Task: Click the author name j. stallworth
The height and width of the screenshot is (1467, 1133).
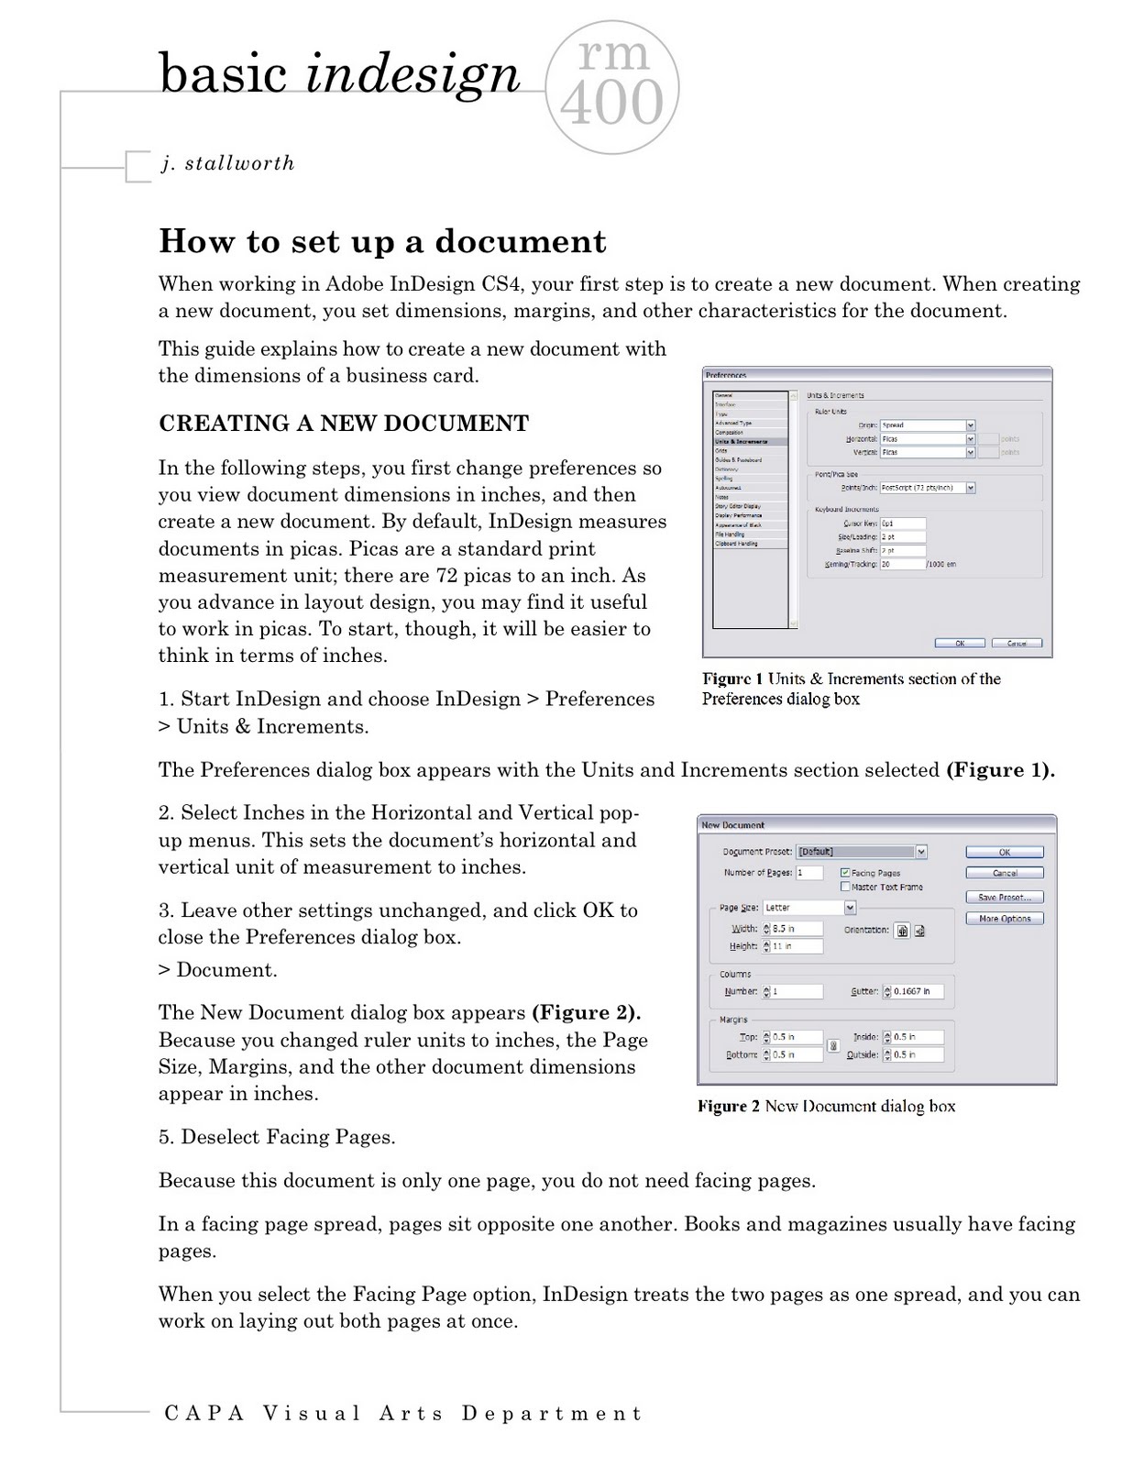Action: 227,163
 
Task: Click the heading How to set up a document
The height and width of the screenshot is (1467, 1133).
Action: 382,241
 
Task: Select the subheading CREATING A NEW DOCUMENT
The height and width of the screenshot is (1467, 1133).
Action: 344,423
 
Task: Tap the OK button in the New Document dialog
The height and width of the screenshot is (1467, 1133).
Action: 1004,852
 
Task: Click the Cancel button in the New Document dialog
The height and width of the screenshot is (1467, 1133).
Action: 1004,873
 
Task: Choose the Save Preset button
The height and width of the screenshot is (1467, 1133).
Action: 1004,898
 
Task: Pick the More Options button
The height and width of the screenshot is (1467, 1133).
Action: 1004,919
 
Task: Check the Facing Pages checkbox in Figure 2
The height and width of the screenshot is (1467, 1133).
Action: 845,873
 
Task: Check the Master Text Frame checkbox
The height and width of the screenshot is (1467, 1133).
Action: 845,887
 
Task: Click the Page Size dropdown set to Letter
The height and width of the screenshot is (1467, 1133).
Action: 808,908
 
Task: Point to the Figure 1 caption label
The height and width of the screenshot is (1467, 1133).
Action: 732,679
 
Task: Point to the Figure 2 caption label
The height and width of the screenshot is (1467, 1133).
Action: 729,1107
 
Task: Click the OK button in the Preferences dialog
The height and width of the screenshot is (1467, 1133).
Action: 959,643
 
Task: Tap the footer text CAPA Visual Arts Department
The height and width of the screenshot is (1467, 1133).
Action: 403,1413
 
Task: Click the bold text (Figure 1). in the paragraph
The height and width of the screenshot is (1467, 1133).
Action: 999,770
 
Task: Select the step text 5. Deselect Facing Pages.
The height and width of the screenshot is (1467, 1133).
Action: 277,1137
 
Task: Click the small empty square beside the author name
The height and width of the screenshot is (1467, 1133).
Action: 137,167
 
